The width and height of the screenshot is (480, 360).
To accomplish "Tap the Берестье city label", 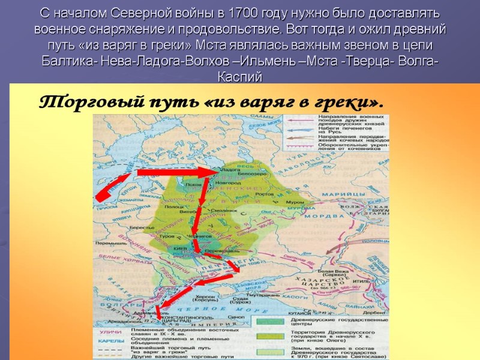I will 137,228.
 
